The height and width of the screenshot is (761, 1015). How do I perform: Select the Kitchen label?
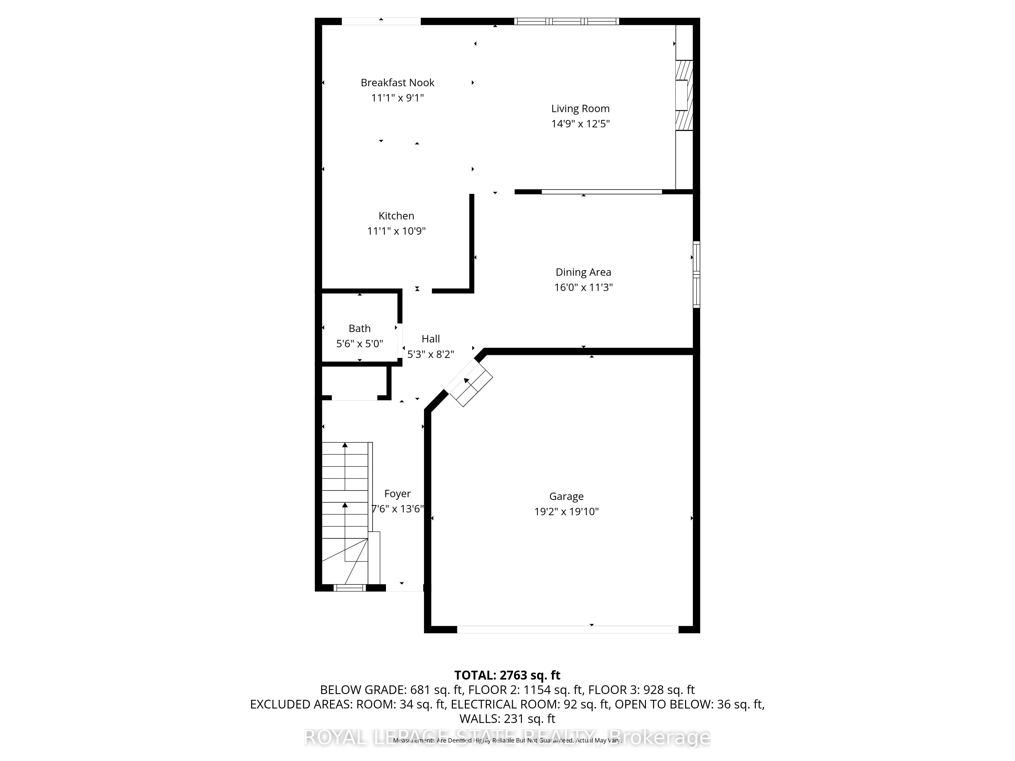click(396, 216)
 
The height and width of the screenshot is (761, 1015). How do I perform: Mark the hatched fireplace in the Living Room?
click(683, 95)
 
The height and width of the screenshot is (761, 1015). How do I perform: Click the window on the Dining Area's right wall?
click(696, 274)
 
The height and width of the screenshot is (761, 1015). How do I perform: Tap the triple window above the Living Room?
click(566, 21)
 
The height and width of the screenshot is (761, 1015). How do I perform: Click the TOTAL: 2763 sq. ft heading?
click(507, 675)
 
